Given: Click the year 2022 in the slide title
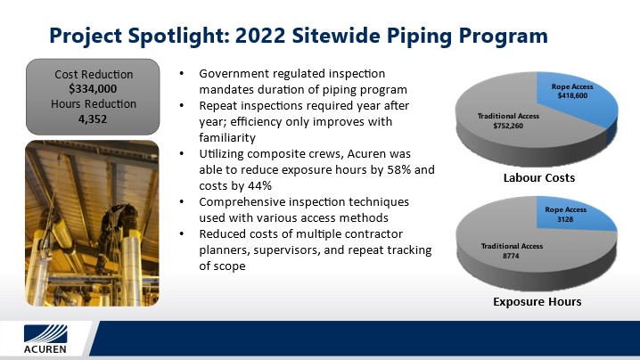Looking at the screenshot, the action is coord(260,35).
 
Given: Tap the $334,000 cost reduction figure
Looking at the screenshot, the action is coord(93,88).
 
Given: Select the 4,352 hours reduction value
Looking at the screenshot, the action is coord(93,119).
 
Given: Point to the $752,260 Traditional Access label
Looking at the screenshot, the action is coord(508,126).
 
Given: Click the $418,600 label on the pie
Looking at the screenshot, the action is coord(572,95).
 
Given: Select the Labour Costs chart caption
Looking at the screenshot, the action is coord(539,177).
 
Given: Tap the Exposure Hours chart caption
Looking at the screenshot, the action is coord(537,301).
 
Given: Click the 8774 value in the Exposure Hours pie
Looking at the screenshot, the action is coord(511,256).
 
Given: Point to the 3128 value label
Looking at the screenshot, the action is coord(565,219).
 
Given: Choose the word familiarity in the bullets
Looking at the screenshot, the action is coord(227,137).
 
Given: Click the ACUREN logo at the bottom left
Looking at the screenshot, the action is coord(45,339).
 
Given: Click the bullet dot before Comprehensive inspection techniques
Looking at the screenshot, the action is coord(182,202).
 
